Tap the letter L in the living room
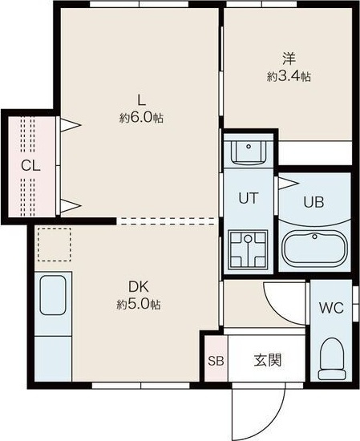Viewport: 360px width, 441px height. [141, 100]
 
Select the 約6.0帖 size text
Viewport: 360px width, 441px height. [141, 117]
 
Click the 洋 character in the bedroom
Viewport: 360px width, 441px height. [289, 59]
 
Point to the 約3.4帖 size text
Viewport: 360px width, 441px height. [289, 76]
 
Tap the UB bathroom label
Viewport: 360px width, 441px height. [313, 202]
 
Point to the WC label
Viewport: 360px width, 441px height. [331, 308]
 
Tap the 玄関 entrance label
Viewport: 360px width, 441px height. [268, 360]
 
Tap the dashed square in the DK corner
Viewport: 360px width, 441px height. [55, 244]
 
